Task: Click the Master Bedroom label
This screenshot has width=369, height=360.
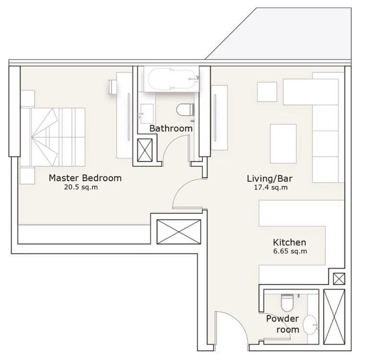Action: (x=85, y=178)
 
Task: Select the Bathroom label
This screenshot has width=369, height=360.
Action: (x=171, y=128)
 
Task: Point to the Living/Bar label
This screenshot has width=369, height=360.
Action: (x=270, y=179)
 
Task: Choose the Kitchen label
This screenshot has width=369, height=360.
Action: (x=289, y=242)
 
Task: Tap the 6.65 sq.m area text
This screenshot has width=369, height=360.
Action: (x=290, y=251)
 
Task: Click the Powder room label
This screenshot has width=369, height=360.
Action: (x=283, y=324)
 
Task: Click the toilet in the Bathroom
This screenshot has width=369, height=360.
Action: (x=184, y=110)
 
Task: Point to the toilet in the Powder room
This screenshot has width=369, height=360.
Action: (x=287, y=302)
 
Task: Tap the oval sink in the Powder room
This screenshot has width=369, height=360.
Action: (x=310, y=325)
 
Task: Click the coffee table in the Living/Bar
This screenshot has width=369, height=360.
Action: (x=283, y=143)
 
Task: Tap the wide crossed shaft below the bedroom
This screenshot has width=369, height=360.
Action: (x=179, y=232)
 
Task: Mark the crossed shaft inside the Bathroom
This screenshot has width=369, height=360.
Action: (x=145, y=149)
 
